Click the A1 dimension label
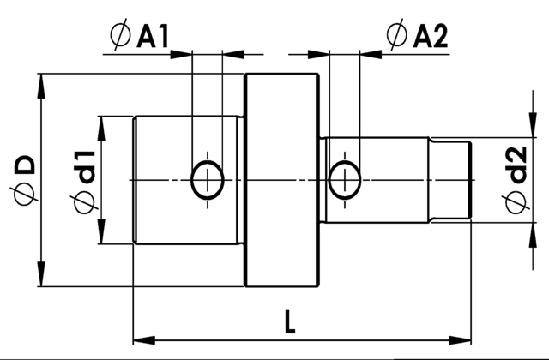153,36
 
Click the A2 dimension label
431,36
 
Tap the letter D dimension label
25,165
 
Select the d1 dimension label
84,168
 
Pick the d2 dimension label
516,165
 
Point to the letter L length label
290,321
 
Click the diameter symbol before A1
120,35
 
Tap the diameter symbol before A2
397,35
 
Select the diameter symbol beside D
26,195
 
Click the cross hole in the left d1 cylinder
208,180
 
